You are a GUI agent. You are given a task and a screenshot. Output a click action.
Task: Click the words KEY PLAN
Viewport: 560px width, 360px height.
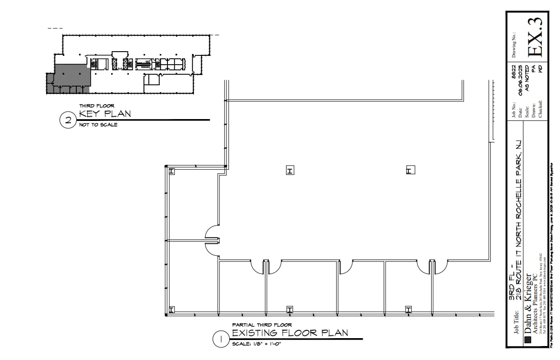pyautogui.click(x=105, y=114)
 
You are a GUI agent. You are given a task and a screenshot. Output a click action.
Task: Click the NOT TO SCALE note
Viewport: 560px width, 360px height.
pyautogui.click(x=98, y=125)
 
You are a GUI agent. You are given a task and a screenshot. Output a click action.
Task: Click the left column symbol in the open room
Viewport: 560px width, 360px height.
pyautogui.click(x=290, y=171)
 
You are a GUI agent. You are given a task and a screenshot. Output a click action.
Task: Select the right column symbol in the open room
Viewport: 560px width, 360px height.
pyautogui.click(x=410, y=171)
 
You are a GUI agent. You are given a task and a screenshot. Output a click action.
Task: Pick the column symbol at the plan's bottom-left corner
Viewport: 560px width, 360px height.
pyautogui.click(x=171, y=309)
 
